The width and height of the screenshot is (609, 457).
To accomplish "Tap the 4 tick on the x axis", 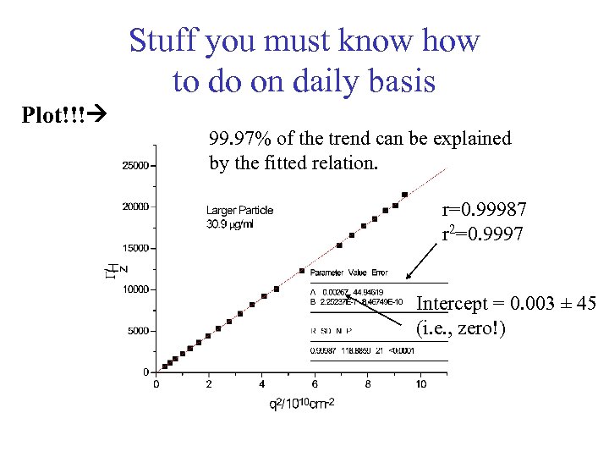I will pos(261,384).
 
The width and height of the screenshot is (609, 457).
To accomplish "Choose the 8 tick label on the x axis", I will pos(367,384).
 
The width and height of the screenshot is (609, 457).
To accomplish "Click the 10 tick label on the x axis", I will pos(420,384).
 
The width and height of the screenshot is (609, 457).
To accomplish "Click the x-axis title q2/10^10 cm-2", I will pos(302,404).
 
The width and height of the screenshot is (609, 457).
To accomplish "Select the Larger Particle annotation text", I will pos(239,210).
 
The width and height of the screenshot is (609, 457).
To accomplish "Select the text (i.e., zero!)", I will pos(461,328).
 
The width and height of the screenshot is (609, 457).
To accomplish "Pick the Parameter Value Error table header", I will pos(348,273).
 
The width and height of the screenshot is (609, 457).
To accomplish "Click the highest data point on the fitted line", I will pos(404,195).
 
